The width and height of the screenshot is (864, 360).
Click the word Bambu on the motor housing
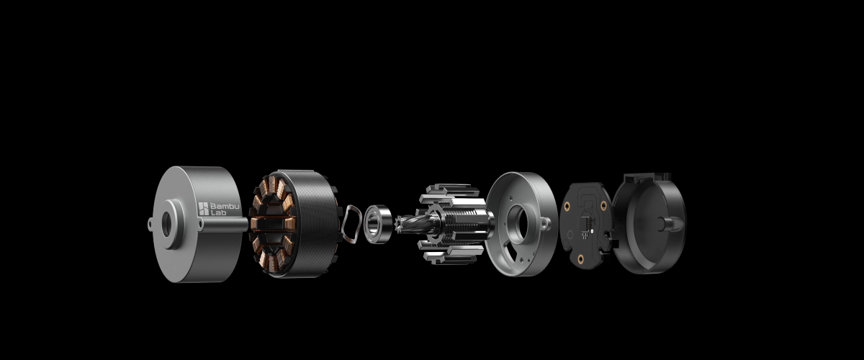225,207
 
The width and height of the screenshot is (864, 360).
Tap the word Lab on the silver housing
219,212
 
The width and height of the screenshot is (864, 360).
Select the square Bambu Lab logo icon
203,209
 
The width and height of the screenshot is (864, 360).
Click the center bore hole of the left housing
166,224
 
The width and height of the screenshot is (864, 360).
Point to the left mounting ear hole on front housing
150,223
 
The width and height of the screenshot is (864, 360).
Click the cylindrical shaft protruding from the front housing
225,225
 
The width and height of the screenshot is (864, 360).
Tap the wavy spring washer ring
351,224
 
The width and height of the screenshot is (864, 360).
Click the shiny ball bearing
377,224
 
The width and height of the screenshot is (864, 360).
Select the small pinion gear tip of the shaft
400,224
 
